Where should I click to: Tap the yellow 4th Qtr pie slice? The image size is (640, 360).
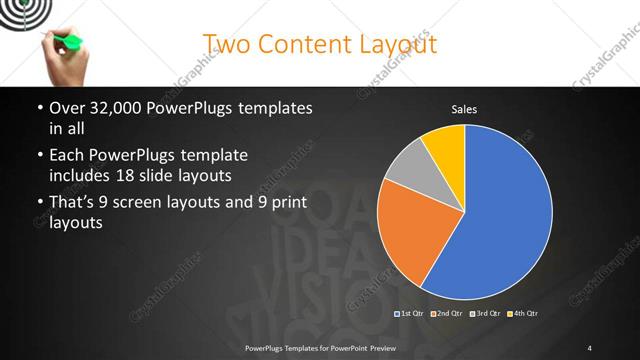pyautogui.click(x=444, y=146)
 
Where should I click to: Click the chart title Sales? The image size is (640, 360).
pyautogui.click(x=464, y=108)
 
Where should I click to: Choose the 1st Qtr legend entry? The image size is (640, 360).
pyautogui.click(x=410, y=314)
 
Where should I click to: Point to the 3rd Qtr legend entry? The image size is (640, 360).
pyautogui.click(x=484, y=314)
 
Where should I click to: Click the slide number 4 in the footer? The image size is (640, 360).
pyautogui.click(x=590, y=347)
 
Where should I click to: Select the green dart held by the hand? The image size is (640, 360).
pyautogui.click(x=70, y=41)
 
